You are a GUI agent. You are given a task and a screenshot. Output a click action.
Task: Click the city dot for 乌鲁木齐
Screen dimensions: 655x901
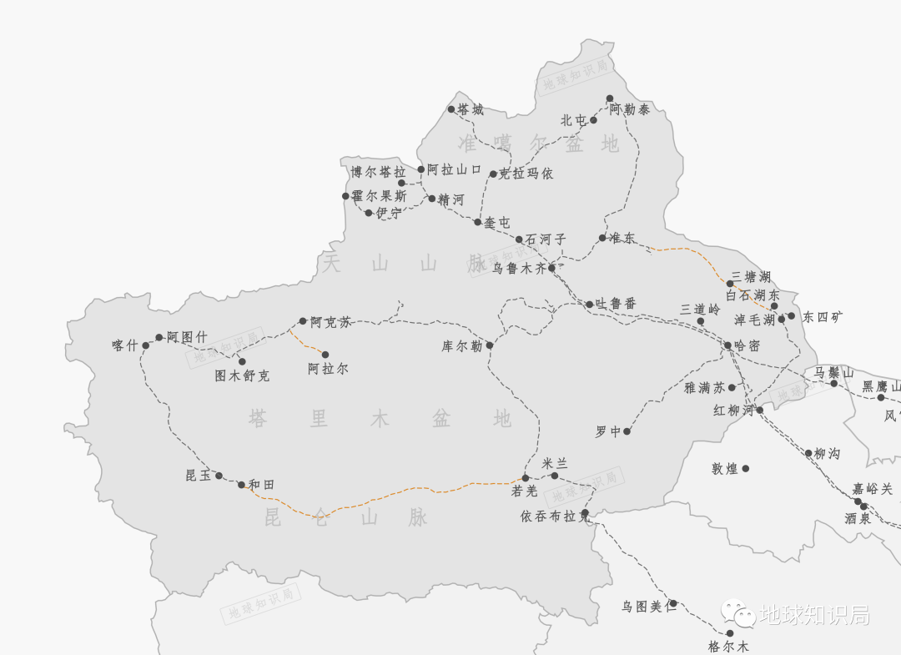(x=551, y=268)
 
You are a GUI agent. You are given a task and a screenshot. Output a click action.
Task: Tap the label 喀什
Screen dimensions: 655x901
(x=124, y=345)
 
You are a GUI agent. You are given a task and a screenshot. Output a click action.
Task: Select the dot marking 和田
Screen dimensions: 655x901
(x=241, y=485)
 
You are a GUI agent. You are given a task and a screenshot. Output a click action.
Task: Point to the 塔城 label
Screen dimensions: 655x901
(x=470, y=109)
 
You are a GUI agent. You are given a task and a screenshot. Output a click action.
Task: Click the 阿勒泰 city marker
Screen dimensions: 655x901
(x=610, y=98)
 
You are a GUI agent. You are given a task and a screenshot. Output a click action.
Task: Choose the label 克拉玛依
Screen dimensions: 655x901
(x=526, y=174)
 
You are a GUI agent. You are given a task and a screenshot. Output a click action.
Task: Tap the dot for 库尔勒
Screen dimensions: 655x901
(x=490, y=345)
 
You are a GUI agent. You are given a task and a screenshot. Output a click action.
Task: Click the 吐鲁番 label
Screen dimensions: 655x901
(x=617, y=304)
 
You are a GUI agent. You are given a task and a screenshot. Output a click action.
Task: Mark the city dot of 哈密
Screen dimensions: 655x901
(x=727, y=345)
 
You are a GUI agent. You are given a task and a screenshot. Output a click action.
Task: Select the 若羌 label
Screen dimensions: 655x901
(x=525, y=491)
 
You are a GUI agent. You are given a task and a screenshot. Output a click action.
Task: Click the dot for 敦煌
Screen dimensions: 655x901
(x=746, y=469)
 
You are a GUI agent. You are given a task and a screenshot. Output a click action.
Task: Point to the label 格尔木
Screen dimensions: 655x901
(x=728, y=646)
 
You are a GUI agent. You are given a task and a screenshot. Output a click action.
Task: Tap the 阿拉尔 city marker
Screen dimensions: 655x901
(x=325, y=355)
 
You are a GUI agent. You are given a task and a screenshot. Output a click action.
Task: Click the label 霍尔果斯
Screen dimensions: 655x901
(x=379, y=196)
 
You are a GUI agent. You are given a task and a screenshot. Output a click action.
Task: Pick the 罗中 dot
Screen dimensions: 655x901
(x=627, y=431)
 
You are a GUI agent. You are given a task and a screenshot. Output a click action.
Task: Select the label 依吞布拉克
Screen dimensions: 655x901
(x=555, y=516)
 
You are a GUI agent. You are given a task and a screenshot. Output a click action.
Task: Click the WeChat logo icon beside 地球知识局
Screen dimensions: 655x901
(x=738, y=614)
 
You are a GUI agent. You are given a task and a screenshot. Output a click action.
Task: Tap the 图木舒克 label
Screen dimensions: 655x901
(x=242, y=375)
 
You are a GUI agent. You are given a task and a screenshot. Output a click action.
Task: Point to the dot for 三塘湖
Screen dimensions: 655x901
(x=730, y=284)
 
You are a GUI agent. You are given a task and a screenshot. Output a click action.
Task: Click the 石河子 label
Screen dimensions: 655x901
(x=546, y=239)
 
